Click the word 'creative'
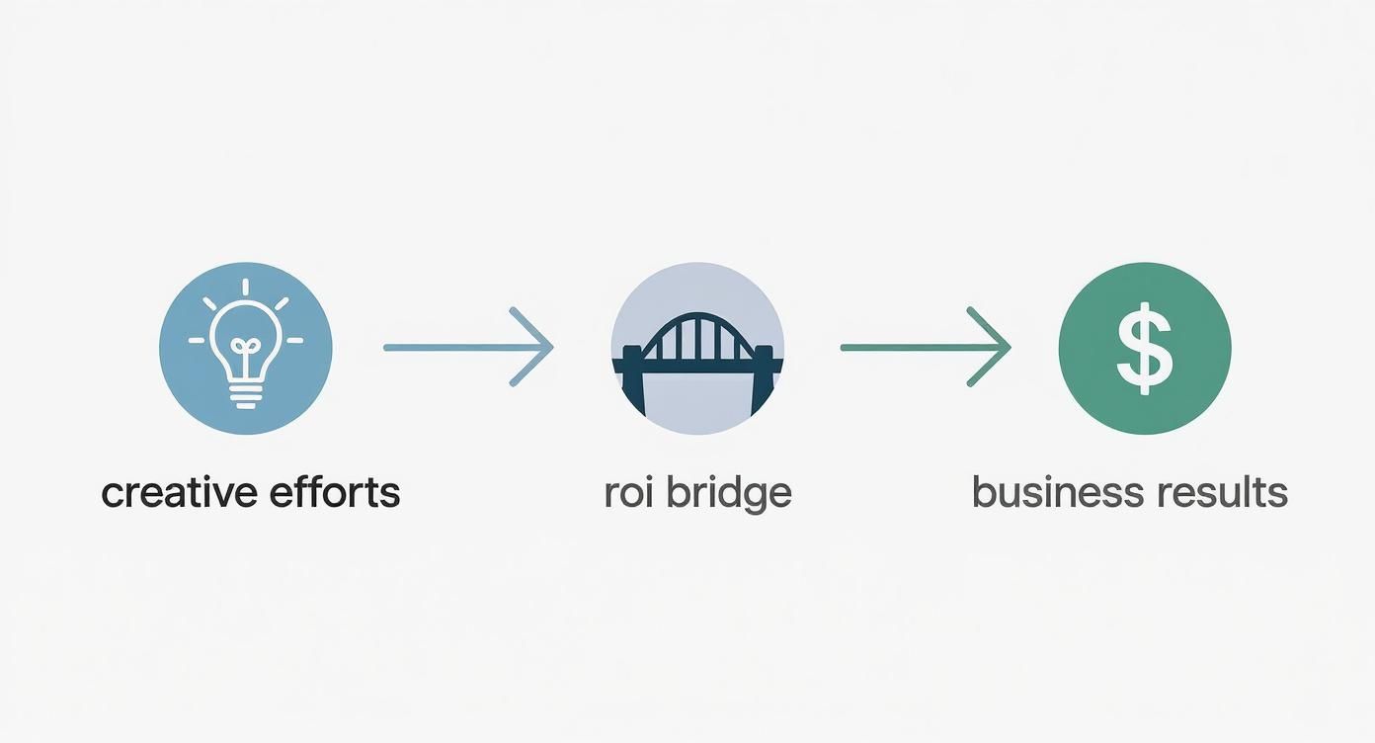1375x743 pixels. pos(179,492)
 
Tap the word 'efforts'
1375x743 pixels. pos(335,491)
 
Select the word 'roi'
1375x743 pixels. pos(628,492)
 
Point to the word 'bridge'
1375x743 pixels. pos(729,494)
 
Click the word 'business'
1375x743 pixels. pos(1059,492)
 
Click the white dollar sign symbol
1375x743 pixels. pos(1144,348)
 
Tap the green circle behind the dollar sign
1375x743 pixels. pos(1145,348)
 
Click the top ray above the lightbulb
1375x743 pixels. pos(246,287)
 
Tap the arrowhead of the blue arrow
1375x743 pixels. pos(532,347)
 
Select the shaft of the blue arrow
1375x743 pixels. pos(466,348)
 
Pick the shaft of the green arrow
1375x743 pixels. pos(924,348)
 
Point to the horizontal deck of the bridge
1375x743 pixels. pos(698,366)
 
